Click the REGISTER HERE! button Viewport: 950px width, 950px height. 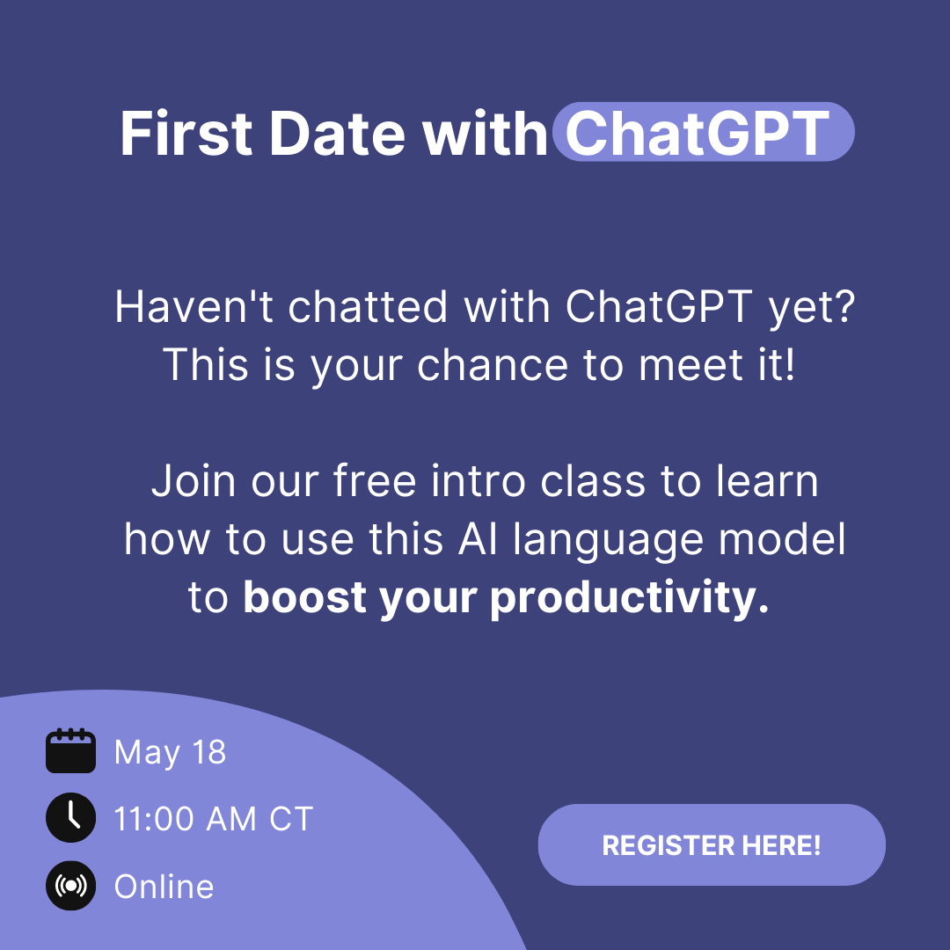coord(712,844)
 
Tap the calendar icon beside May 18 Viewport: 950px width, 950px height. coord(71,750)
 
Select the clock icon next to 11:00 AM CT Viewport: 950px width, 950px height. coord(71,817)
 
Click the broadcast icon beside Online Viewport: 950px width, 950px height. coord(71,886)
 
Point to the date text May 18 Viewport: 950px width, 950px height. coord(171,752)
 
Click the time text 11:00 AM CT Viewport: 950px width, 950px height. coord(213,819)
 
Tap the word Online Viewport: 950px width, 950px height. coord(164,887)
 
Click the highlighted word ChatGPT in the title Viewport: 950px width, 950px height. coord(697,133)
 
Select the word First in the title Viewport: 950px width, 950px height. coord(186,134)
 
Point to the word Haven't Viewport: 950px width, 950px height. coord(194,307)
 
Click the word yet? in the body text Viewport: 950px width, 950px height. coord(811,309)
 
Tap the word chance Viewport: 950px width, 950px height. coord(493,365)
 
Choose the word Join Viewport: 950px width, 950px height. coord(194,482)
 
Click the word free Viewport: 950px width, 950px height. coord(375,482)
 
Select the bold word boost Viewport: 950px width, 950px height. coord(304,597)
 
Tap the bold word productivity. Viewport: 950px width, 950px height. coord(630,599)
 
